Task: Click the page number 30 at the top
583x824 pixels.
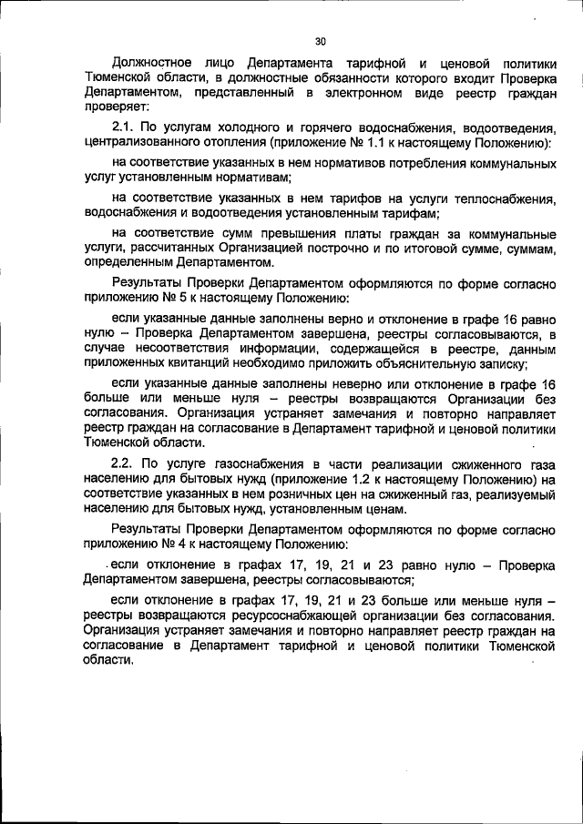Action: pos(320,41)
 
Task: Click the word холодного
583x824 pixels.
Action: pos(247,127)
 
